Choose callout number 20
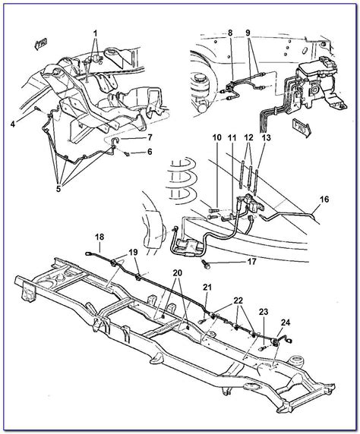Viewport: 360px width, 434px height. (177, 273)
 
